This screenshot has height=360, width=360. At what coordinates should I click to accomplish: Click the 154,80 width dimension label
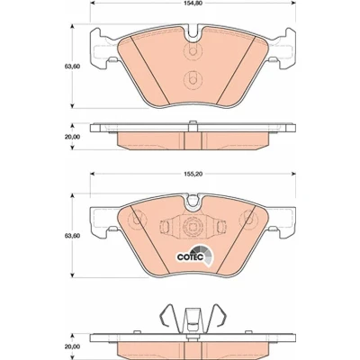click(193, 4)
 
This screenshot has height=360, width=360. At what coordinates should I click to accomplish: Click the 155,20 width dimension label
click(193, 174)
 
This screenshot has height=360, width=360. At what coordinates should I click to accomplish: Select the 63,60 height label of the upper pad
click(72, 67)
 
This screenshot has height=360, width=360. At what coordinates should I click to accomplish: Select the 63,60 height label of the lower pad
click(72, 236)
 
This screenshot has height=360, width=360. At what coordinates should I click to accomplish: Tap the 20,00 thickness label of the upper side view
click(72, 137)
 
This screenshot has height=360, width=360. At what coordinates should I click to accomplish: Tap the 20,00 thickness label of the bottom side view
click(72, 346)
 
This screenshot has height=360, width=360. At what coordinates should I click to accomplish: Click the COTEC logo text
click(191, 257)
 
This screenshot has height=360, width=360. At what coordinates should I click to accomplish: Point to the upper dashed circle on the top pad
click(193, 50)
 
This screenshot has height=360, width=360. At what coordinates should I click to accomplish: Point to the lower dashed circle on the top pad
click(193, 80)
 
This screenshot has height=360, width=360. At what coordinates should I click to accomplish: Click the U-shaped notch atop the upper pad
click(193, 33)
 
